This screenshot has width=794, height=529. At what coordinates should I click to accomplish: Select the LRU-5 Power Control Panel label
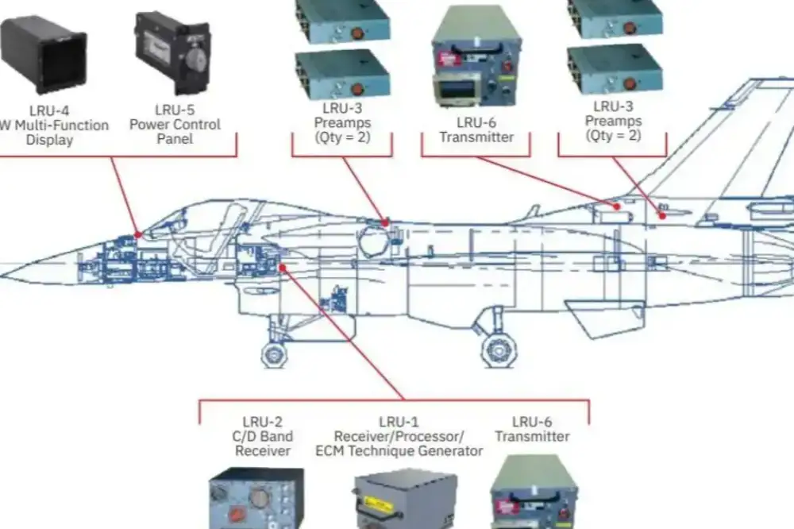[x=175, y=124]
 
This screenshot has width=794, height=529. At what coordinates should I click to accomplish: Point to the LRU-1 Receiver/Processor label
[x=399, y=437]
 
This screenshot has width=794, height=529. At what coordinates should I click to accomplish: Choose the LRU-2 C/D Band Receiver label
[x=262, y=437]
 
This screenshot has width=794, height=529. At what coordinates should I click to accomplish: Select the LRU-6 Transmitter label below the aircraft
[x=532, y=429]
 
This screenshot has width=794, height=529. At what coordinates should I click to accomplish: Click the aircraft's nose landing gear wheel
[x=274, y=355]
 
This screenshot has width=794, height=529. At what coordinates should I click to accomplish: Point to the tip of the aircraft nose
[x=4, y=276]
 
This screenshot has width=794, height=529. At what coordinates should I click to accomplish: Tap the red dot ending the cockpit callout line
[x=138, y=234]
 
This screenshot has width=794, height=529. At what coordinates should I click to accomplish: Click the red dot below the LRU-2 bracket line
[x=283, y=268]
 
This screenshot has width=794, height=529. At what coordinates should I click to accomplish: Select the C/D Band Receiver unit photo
[x=256, y=499]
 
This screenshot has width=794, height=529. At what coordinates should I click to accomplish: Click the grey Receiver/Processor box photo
[x=406, y=499]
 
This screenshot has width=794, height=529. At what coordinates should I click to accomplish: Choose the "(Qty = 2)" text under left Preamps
[x=341, y=137]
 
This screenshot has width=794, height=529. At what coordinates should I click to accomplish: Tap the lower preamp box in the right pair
[x=615, y=70]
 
